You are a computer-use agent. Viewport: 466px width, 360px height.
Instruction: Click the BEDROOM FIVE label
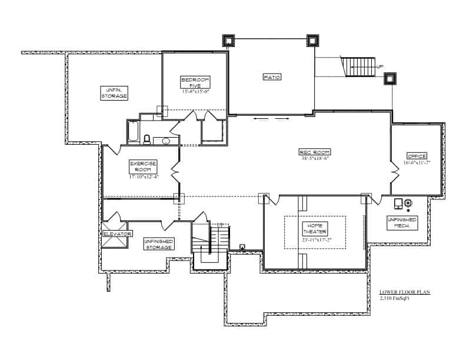click(x=195, y=82)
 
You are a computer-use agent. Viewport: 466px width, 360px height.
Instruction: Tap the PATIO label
click(x=271, y=76)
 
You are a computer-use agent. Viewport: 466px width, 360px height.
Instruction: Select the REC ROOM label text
click(x=315, y=152)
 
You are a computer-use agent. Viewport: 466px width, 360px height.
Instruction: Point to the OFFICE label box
click(x=417, y=156)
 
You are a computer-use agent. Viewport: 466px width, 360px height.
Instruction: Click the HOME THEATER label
click(x=315, y=228)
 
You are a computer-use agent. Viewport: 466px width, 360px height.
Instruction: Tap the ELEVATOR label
click(x=118, y=234)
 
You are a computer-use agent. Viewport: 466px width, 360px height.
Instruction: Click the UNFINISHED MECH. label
click(x=402, y=222)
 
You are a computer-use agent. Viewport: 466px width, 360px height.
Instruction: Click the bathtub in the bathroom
click(x=134, y=132)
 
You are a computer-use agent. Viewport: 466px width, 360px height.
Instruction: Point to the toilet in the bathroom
click(x=147, y=139)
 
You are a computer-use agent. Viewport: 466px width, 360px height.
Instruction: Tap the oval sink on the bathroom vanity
click(x=166, y=141)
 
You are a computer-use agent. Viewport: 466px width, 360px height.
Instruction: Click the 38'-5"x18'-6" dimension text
click(x=315, y=158)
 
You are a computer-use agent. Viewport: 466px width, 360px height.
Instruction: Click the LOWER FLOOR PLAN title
click(x=405, y=292)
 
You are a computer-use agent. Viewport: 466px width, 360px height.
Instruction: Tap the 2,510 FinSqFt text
click(x=395, y=298)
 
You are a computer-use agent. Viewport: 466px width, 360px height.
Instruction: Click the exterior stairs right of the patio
click(x=359, y=66)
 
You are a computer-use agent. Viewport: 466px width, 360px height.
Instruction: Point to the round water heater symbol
click(x=408, y=204)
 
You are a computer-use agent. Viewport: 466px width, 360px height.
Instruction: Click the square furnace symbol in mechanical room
click(x=398, y=204)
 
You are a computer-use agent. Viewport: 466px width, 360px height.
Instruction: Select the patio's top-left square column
click(x=228, y=41)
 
